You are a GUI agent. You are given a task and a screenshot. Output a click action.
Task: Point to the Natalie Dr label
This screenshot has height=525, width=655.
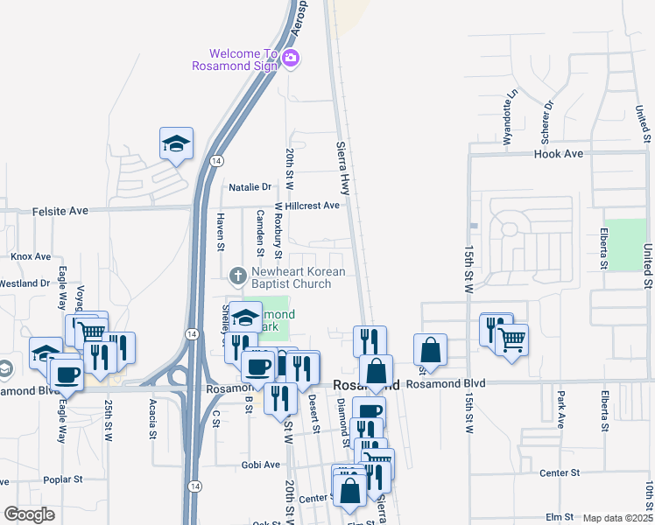coord(250,187)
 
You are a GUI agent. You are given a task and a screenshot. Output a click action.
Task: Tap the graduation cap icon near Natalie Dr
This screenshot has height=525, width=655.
coord(176,143)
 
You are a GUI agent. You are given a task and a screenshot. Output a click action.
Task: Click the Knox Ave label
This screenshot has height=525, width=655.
coord(32,256)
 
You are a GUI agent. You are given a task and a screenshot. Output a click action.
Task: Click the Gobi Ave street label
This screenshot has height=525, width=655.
coord(261,465)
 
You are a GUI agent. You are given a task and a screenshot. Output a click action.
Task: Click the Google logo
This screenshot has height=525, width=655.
coord(29,514)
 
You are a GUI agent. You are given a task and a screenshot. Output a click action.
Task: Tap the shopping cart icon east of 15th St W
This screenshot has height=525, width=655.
coord(512,338)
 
